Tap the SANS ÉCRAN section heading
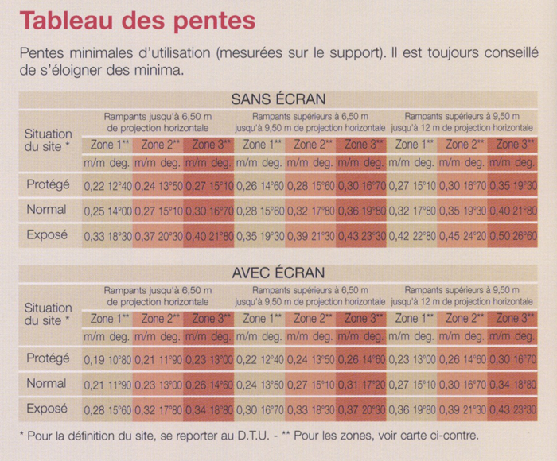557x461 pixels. tap(278, 99)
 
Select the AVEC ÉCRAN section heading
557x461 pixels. tap(278, 273)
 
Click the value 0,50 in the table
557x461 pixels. tap(501, 236)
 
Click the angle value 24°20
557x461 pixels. tap(478, 236)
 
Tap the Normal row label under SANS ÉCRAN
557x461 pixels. tap(45, 211)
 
